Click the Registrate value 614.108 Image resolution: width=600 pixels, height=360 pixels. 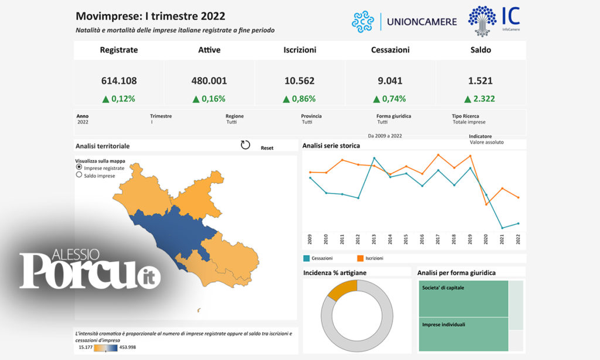click(x=119, y=81)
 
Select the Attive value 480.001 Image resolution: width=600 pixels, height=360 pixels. click(x=209, y=81)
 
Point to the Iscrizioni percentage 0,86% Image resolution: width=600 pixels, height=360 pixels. click(x=299, y=99)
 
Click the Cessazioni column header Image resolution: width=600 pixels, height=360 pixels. click(x=390, y=50)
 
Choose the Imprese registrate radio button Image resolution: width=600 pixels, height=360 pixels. click(x=79, y=168)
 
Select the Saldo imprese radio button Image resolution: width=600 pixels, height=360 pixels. click(x=79, y=175)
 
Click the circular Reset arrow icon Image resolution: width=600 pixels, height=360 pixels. click(x=246, y=145)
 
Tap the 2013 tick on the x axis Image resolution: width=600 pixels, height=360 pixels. click(x=374, y=239)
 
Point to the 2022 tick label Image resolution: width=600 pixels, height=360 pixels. click(x=518, y=239)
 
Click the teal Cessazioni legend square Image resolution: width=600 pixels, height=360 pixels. click(x=306, y=258)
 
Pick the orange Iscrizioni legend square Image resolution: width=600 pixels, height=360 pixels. click(x=360, y=258)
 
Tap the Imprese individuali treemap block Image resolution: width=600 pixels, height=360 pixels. click(x=463, y=334)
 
